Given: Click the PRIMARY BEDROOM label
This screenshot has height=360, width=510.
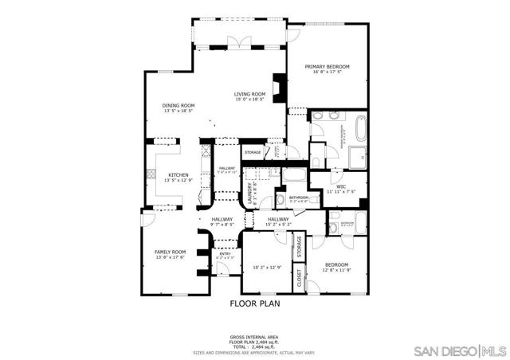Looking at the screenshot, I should (x=328, y=67).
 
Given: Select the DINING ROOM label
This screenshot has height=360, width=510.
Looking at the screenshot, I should (x=178, y=106).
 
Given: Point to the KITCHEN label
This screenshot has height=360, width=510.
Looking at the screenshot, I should (x=178, y=175).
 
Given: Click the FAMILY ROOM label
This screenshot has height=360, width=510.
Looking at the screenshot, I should (x=170, y=252).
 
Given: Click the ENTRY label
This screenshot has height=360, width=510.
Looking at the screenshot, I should (x=225, y=254).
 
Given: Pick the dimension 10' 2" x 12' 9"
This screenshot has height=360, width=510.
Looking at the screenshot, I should (x=265, y=268).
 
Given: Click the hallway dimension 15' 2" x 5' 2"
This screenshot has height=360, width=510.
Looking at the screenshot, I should (x=278, y=225).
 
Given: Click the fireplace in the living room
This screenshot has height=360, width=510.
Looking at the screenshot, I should (x=277, y=87).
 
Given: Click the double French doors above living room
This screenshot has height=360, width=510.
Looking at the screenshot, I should (x=233, y=42).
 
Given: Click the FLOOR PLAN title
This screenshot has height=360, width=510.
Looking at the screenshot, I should (x=254, y=303).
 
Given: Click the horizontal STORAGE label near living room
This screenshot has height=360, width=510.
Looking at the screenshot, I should (x=253, y=152).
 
